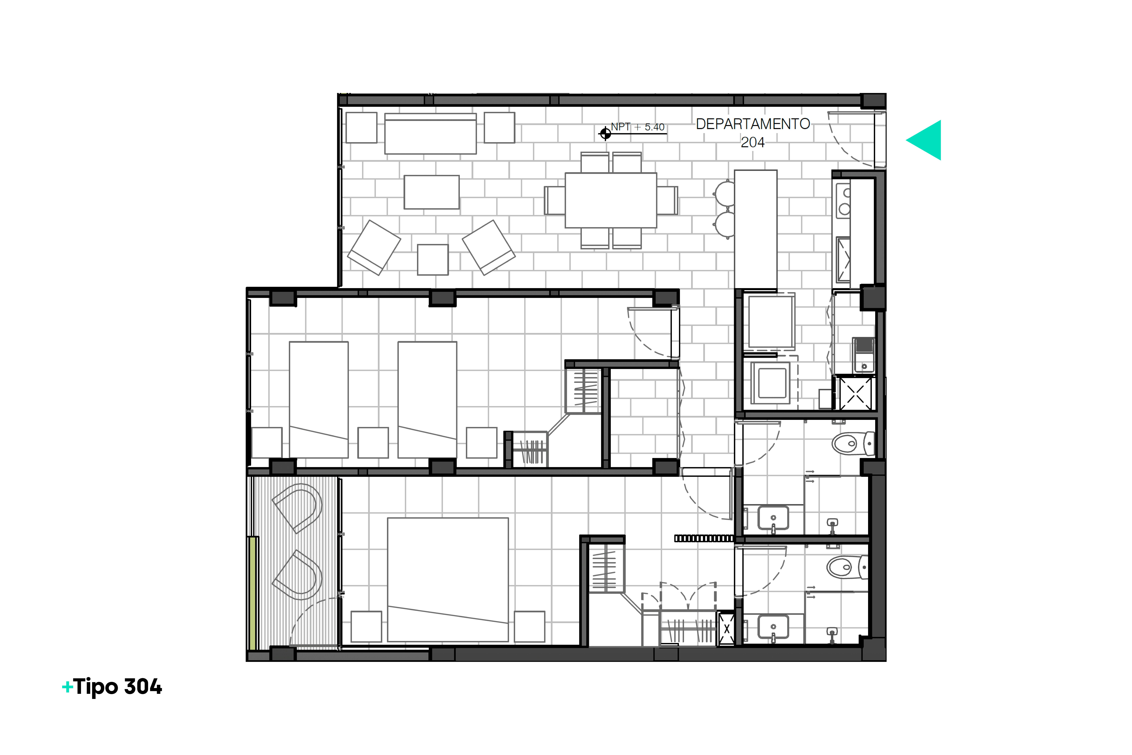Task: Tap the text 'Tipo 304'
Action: (x=118, y=687)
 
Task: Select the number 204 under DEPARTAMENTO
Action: (x=752, y=143)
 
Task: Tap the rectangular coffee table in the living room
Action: (x=432, y=192)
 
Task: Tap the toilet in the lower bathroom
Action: (x=847, y=567)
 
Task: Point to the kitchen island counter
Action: (x=756, y=230)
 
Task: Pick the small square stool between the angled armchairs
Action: (x=433, y=260)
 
